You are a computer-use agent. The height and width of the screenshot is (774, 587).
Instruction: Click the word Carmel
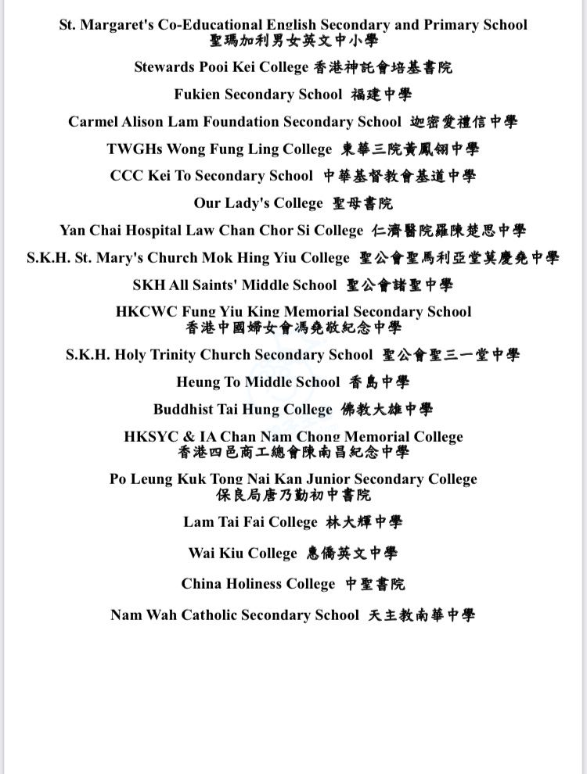pos(91,122)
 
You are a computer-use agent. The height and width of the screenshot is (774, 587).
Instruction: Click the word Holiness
pos(247,584)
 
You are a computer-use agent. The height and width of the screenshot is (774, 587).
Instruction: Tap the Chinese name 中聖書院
pos(376,584)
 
